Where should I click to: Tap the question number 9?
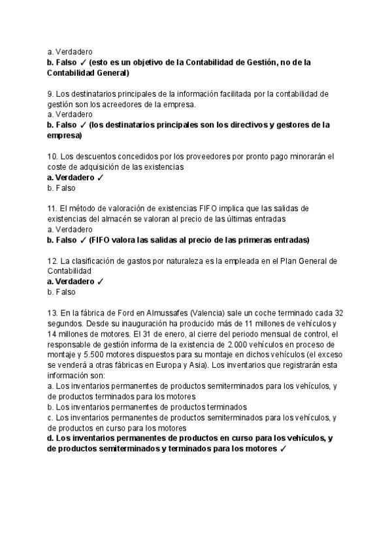(x=50, y=93)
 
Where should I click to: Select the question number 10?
(x=52, y=156)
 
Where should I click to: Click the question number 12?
(x=52, y=261)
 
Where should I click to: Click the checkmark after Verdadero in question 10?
(x=100, y=177)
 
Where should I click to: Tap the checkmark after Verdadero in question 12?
(x=100, y=282)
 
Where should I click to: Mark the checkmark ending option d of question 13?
(x=283, y=449)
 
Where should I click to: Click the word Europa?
(x=159, y=365)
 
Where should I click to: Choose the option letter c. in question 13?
(x=50, y=417)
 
